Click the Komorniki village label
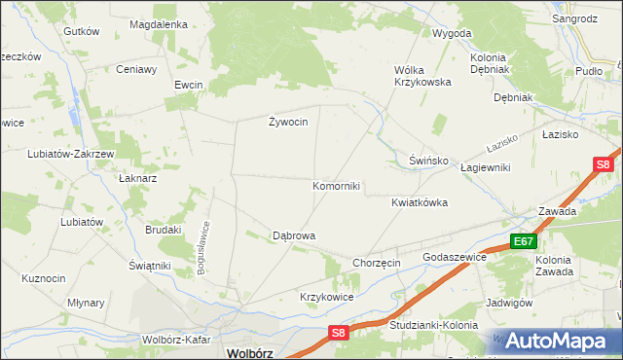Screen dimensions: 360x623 [336, 186]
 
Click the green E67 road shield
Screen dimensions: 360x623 [523, 241]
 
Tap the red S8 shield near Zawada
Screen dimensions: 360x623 [603, 164]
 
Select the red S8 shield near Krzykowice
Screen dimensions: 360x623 [336, 333]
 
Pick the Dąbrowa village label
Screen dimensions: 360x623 [293, 235]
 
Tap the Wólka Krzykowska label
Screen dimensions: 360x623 [422, 76]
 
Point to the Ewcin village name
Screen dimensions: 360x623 [188, 85]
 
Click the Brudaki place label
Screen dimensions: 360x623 [164, 230]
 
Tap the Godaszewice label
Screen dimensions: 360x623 [454, 257]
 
